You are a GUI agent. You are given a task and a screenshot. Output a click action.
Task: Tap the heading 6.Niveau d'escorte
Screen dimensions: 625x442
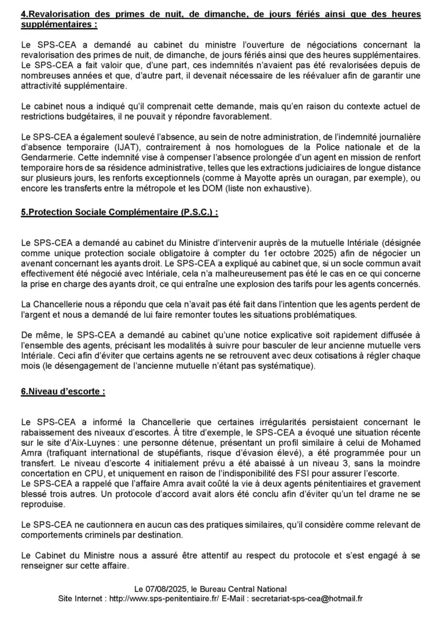coord(63,392)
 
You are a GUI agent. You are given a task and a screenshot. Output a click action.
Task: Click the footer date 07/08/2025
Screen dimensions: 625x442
coord(167,589)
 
